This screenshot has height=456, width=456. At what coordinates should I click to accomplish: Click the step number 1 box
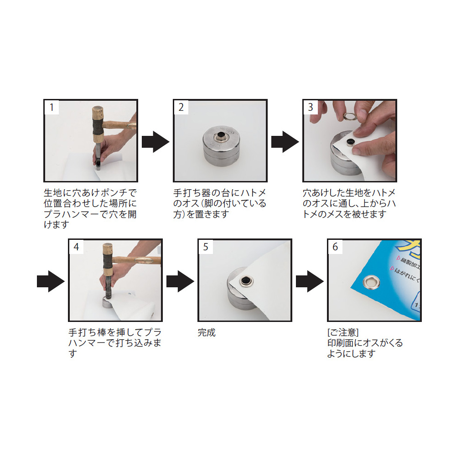tap(52, 107)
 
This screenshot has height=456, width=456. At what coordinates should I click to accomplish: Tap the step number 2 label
tap(181, 107)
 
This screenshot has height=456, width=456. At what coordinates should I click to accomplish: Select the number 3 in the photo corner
tap(310, 107)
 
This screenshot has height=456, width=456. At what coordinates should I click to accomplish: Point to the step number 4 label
tap(76, 247)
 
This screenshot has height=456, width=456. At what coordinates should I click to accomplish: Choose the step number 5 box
tap(206, 247)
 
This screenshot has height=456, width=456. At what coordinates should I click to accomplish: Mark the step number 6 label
tap(335, 247)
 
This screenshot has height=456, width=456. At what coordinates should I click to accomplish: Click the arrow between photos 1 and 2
tap(155, 142)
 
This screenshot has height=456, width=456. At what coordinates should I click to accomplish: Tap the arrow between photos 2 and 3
tap(285, 142)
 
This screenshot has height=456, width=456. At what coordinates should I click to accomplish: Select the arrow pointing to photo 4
tap(51, 281)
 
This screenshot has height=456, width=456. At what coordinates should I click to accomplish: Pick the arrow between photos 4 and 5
tap(180, 281)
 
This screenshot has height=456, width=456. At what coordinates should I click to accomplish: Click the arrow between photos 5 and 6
tap(310, 281)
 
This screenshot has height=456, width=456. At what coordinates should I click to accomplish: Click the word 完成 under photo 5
tap(207, 332)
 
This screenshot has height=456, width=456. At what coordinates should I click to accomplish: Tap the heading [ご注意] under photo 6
tap(343, 332)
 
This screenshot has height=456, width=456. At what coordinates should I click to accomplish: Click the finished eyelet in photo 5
tap(246, 281)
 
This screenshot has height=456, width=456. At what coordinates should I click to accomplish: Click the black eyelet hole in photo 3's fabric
tap(350, 142)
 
